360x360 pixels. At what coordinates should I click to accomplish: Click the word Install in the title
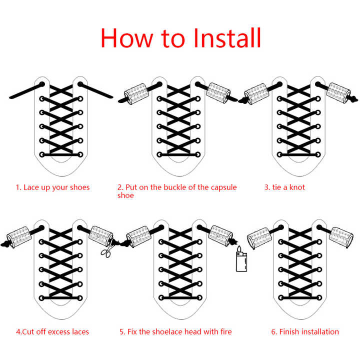[x=227, y=38]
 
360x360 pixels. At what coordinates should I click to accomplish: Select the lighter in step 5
[x=241, y=261]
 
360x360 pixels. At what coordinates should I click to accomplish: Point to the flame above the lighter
[x=239, y=248]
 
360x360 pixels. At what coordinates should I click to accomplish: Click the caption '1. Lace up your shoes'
[x=52, y=187]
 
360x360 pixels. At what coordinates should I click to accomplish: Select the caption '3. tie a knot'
[x=284, y=187]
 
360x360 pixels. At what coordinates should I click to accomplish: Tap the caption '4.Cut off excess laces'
[x=52, y=332]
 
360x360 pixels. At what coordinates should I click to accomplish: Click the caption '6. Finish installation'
[x=305, y=332]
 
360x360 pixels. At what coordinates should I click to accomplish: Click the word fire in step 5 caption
[x=226, y=332]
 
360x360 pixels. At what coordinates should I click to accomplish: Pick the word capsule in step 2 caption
[x=223, y=187]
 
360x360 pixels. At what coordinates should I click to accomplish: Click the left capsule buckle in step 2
[x=135, y=94]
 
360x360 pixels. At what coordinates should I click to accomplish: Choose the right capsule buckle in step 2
[x=218, y=93]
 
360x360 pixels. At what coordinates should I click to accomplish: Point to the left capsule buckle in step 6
[x=259, y=238]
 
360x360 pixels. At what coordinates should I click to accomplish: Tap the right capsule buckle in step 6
[x=341, y=237]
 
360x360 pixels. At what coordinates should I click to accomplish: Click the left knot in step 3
[x=242, y=100]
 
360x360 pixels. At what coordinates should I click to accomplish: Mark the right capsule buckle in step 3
[x=338, y=93]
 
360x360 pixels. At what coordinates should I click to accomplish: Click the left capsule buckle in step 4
[x=19, y=237]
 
